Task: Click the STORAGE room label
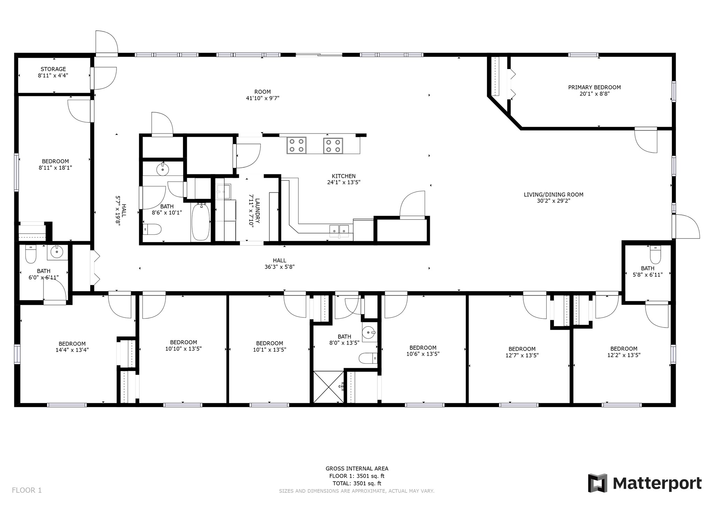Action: (x=53, y=69)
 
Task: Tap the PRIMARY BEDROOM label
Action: (x=594, y=87)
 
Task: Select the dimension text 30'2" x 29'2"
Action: (x=553, y=201)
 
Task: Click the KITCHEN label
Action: (x=343, y=176)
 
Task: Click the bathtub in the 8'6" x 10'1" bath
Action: (x=200, y=222)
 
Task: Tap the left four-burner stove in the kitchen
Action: (x=296, y=145)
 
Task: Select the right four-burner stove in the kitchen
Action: (x=333, y=145)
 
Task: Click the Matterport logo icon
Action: (x=598, y=483)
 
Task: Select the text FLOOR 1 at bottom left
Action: (x=27, y=490)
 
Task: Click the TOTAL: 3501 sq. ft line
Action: (x=357, y=483)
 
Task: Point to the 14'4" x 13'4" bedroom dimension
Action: (x=72, y=350)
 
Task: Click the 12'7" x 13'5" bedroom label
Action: (x=522, y=355)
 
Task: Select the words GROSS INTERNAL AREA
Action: (x=357, y=469)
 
